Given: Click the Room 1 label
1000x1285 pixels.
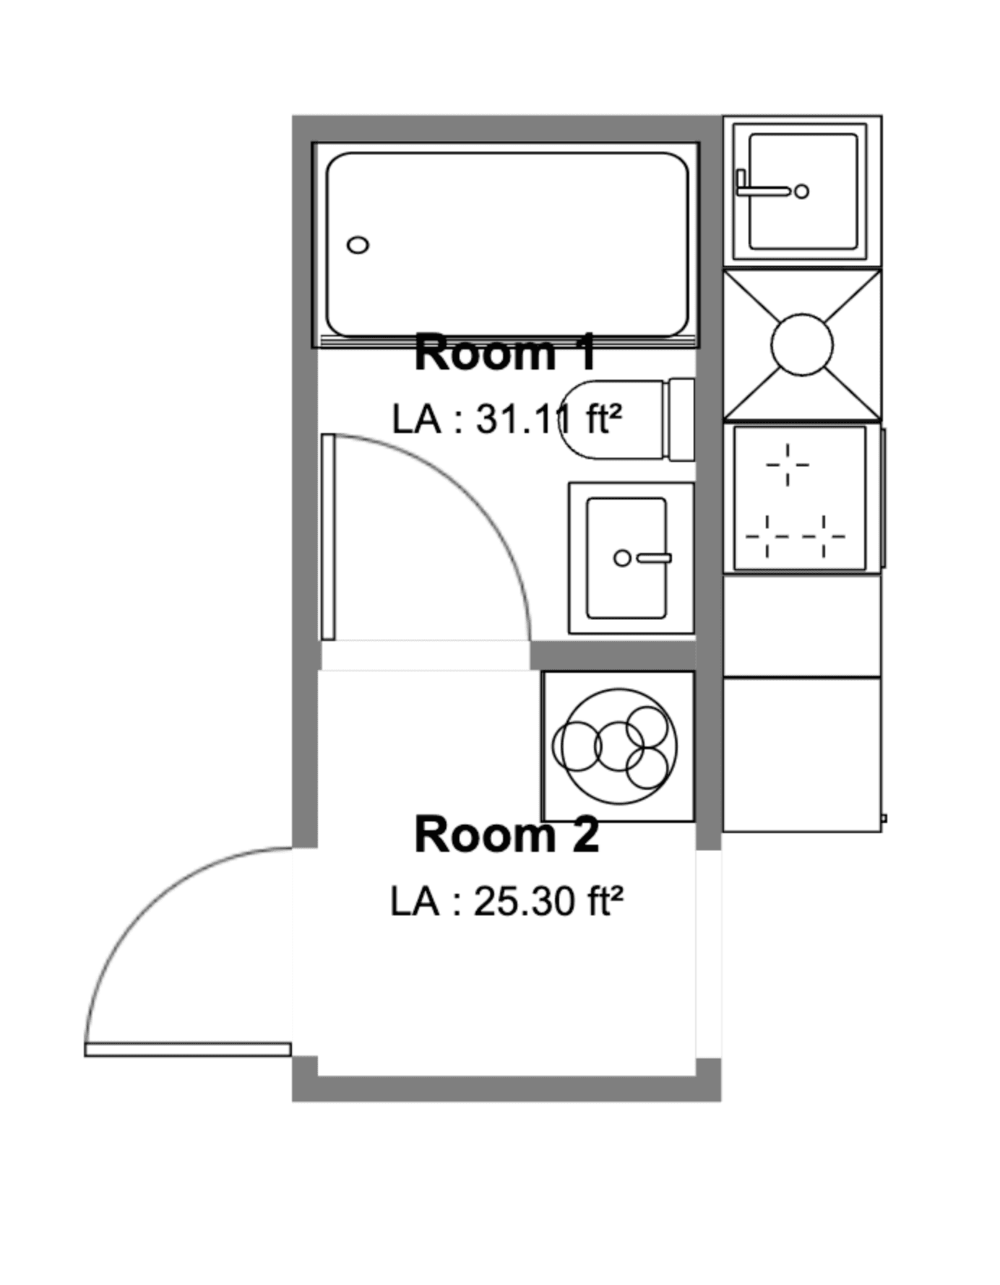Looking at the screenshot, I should click(x=506, y=353).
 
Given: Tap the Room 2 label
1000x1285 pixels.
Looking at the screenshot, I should click(x=506, y=835).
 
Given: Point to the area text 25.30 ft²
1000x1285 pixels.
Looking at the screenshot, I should click(x=547, y=901).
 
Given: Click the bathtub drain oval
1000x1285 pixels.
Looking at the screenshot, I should click(x=358, y=245).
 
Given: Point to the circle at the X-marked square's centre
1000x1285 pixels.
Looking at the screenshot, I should click(x=802, y=345).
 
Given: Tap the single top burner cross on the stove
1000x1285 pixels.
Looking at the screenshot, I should click(x=788, y=464).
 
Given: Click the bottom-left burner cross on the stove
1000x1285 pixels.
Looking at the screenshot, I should click(x=766, y=536).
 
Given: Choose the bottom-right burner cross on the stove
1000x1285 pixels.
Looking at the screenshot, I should click(x=824, y=536).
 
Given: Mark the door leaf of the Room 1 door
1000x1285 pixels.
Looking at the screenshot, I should click(x=328, y=537).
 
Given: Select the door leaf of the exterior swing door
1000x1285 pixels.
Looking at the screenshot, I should click(x=188, y=1049).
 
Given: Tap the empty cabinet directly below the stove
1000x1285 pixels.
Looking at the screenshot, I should click(x=802, y=624).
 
